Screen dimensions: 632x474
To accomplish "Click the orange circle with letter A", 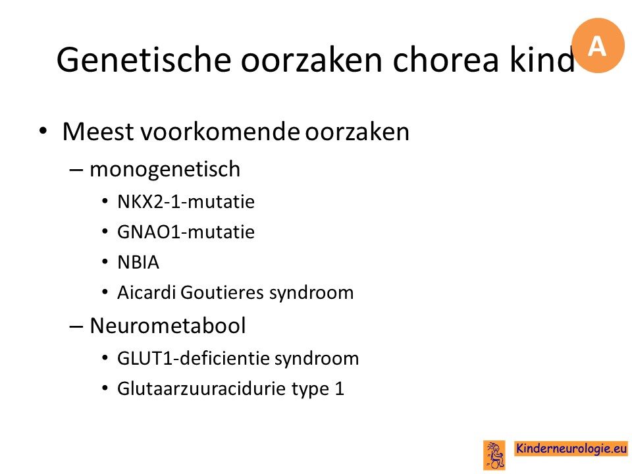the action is coord(598,45).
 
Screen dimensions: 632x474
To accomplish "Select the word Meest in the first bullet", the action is coord(98,132).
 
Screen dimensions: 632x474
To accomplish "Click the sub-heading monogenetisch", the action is coord(165,169).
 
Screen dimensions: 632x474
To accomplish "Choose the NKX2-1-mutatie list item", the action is coord(186,201).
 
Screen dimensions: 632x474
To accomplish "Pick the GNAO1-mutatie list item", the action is coord(186,232).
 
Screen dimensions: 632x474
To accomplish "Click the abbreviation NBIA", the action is coord(138,262).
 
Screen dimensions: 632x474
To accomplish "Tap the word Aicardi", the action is coord(147,292).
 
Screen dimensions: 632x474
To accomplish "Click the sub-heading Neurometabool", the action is coord(168,325).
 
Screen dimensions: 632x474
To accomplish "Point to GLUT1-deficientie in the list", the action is coord(191,358).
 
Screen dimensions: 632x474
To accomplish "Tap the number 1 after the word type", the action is coord(340,389).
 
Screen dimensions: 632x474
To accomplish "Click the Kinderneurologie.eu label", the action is coord(571,448).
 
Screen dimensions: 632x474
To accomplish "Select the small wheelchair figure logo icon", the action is coord(494,455).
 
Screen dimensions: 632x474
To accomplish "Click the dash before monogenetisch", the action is coord(76,170).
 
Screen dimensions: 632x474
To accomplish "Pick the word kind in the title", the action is coord(542,59).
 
